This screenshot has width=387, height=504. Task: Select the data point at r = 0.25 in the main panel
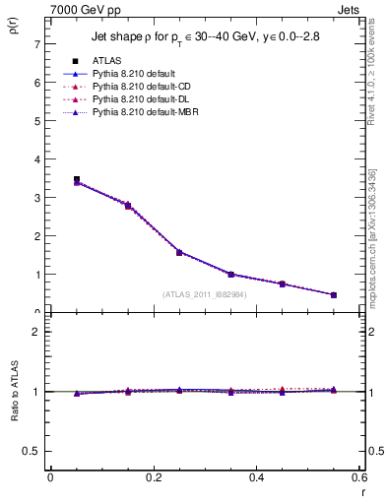[179, 252]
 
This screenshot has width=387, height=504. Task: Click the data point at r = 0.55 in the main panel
[334, 294]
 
